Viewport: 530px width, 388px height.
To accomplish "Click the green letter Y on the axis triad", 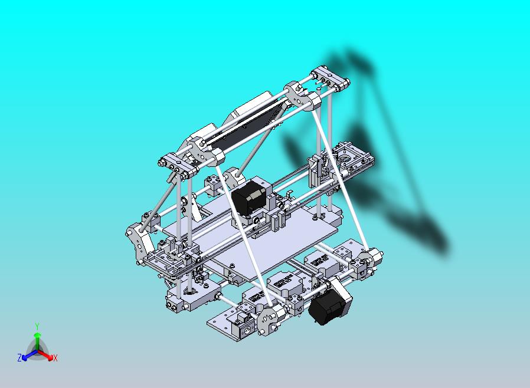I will (x=37, y=326).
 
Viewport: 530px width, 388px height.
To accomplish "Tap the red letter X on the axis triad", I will (x=55, y=358).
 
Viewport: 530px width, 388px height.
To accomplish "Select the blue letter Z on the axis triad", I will (x=19, y=357).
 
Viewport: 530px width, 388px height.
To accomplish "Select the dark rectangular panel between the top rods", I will (x=242, y=127).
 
